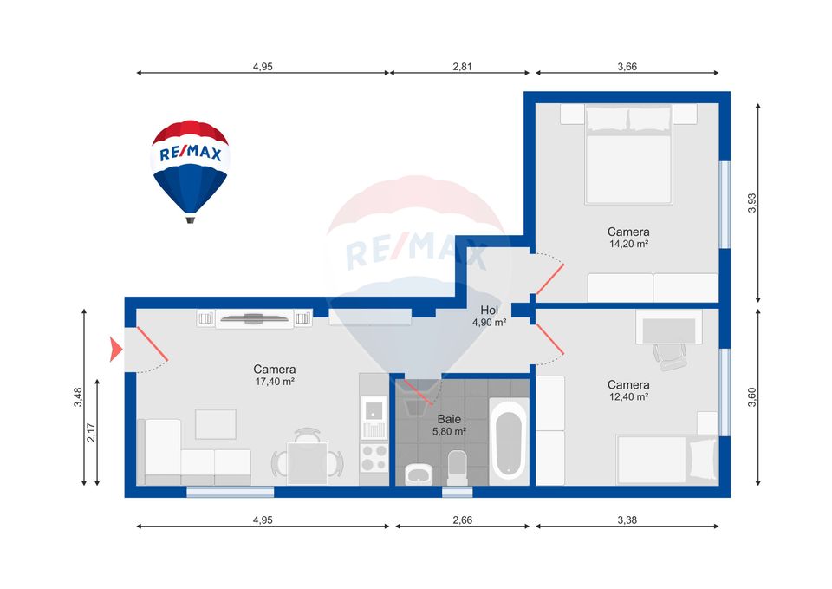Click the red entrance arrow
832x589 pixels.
[114, 350]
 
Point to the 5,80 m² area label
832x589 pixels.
[450, 431]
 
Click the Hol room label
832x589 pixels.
[489, 310]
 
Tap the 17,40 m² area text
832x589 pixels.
[275, 382]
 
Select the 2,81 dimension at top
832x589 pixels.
[462, 66]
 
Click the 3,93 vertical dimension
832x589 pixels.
[752, 201]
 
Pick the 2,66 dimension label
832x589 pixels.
[462, 520]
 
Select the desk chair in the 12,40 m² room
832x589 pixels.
[669, 353]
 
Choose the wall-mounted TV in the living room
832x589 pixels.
[254, 317]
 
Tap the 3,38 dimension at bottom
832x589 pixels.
[626, 520]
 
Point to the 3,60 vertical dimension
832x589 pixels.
[752, 396]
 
